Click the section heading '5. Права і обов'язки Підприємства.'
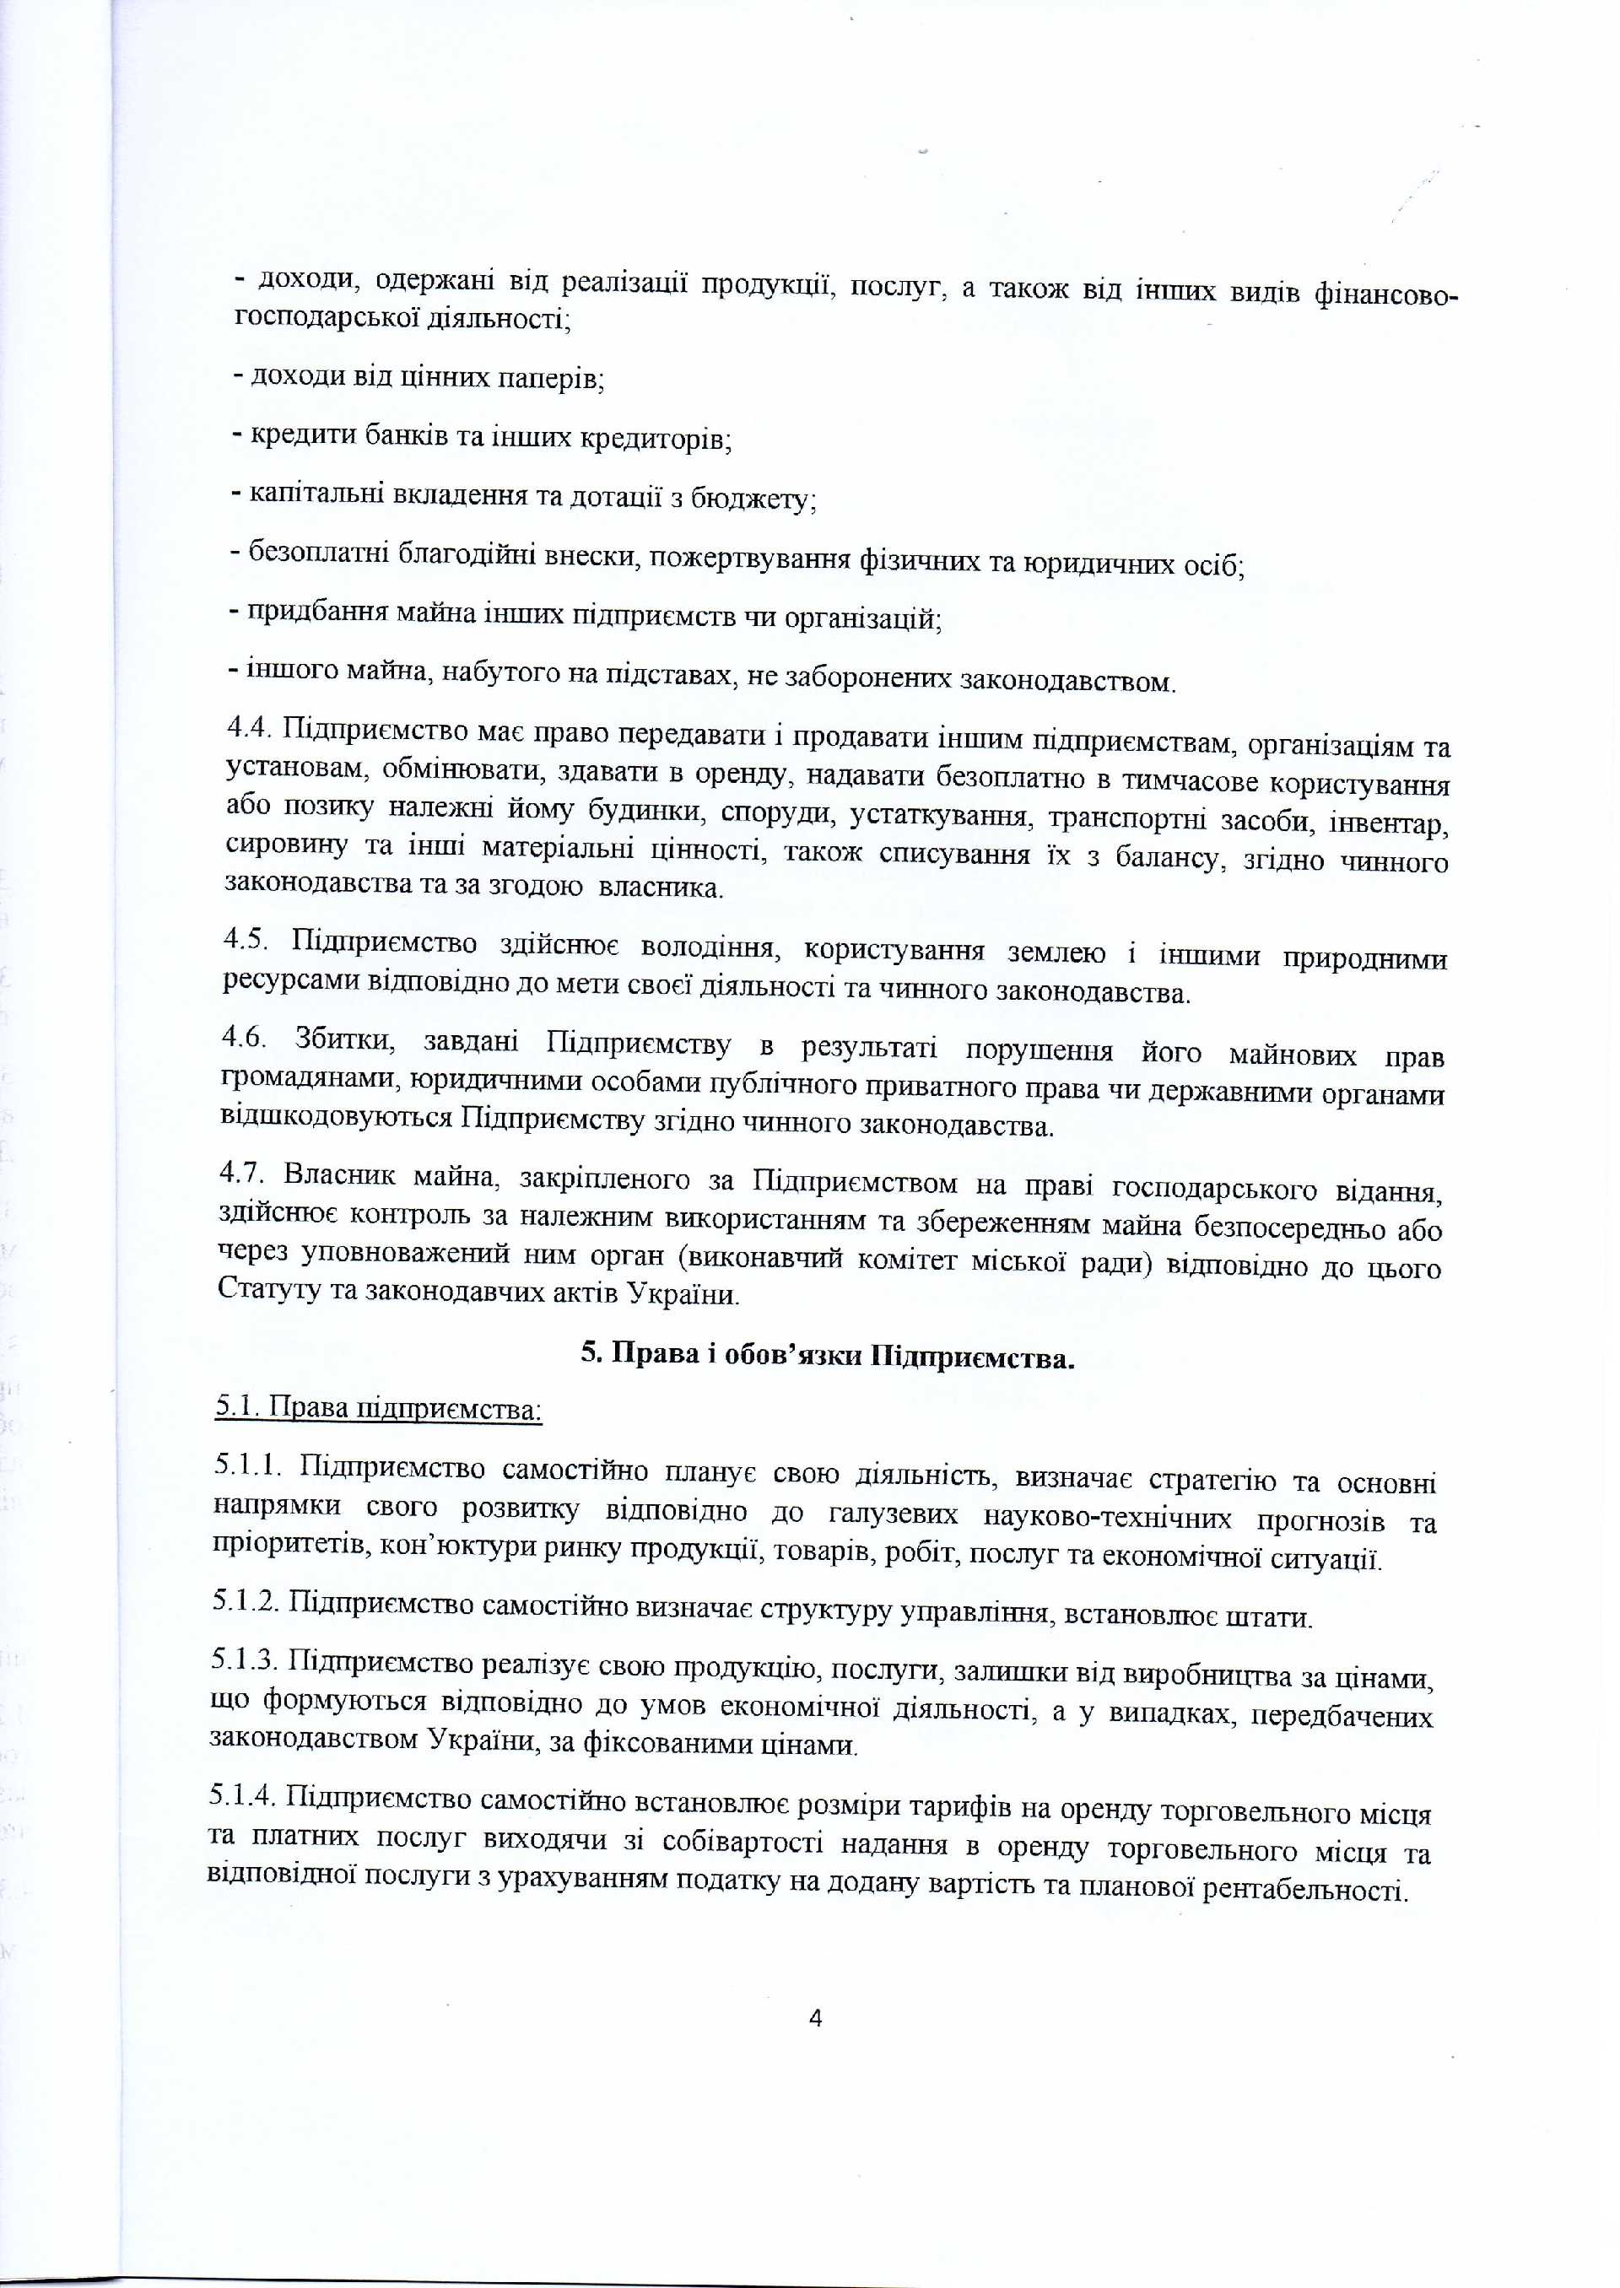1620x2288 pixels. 828,1357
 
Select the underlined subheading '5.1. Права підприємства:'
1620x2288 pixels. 379,1408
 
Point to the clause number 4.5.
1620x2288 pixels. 246,938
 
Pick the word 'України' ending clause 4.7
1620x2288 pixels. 683,1295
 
